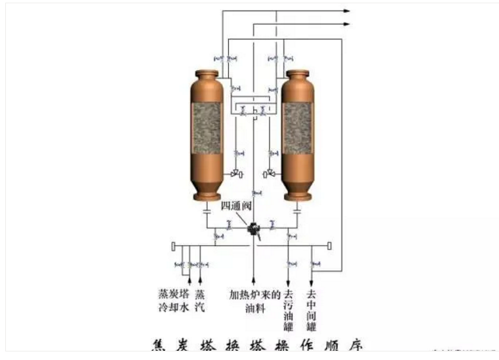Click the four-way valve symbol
[x=252, y=229]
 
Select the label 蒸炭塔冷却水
[x=173, y=300]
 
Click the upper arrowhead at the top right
[x=347, y=11]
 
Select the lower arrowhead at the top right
[x=347, y=24]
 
